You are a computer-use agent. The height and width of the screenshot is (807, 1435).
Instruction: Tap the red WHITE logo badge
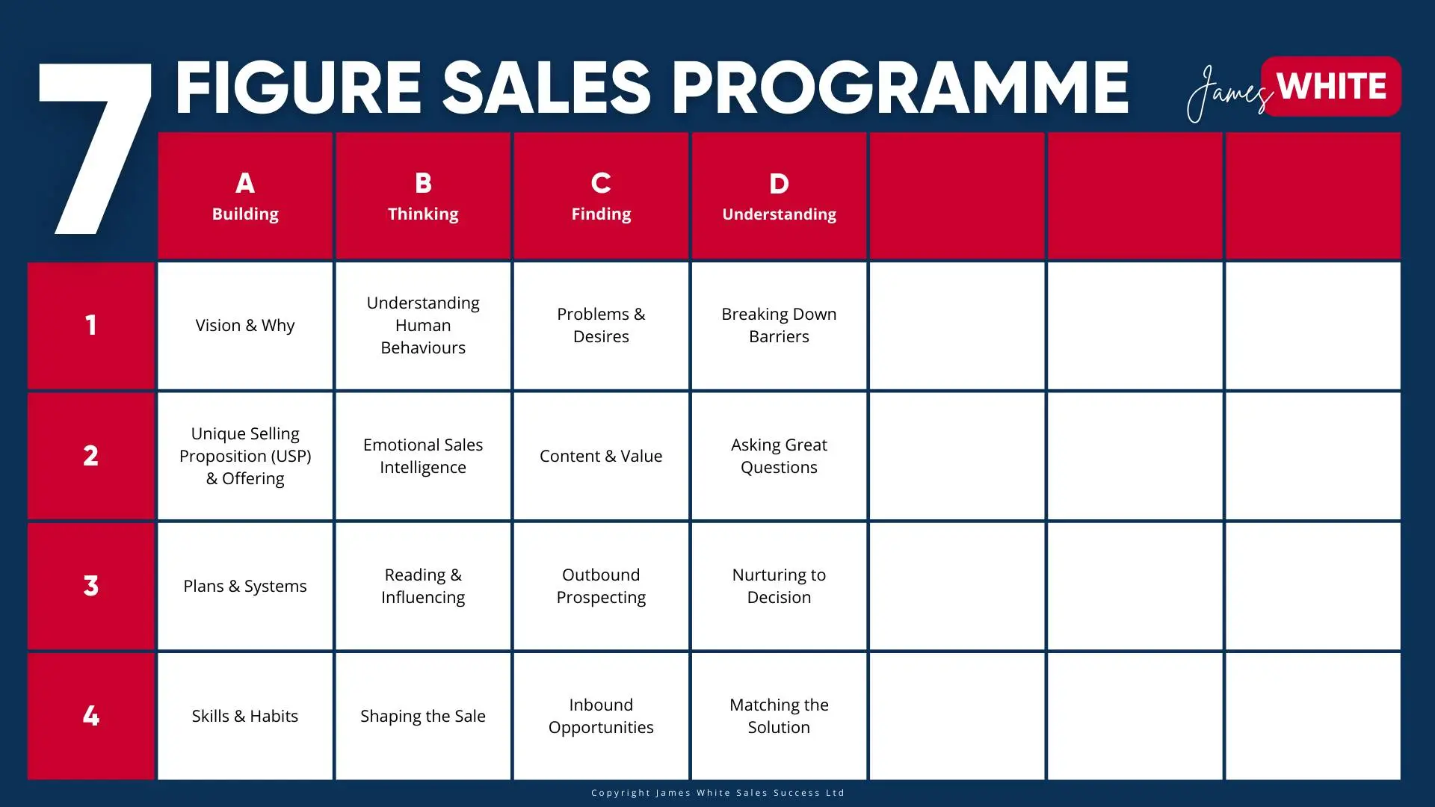click(1331, 86)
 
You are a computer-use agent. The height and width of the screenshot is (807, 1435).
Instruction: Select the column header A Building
click(245, 196)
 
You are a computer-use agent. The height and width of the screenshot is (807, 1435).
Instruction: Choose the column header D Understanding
click(779, 196)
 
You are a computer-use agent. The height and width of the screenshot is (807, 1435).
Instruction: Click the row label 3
click(90, 586)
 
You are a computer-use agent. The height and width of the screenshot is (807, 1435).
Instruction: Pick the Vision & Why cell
click(245, 326)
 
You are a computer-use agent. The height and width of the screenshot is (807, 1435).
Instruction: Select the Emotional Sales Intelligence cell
click(423, 456)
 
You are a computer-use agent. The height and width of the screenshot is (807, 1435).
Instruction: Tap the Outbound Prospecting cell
click(601, 586)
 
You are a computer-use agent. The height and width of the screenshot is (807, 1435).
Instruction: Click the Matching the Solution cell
click(779, 716)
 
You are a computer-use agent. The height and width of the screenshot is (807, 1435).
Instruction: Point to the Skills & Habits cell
click(245, 716)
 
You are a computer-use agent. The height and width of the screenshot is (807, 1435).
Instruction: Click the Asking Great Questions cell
click(779, 456)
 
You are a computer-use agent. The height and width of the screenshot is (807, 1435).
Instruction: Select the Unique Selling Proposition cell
click(245, 456)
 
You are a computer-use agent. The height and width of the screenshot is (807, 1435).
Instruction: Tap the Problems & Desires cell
click(601, 326)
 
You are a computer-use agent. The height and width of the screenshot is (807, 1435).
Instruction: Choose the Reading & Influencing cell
click(423, 586)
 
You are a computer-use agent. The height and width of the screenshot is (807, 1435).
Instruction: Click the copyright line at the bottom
click(717, 793)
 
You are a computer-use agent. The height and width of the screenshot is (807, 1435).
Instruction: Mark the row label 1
click(90, 326)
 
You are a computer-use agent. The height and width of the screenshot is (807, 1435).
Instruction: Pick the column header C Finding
click(601, 196)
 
